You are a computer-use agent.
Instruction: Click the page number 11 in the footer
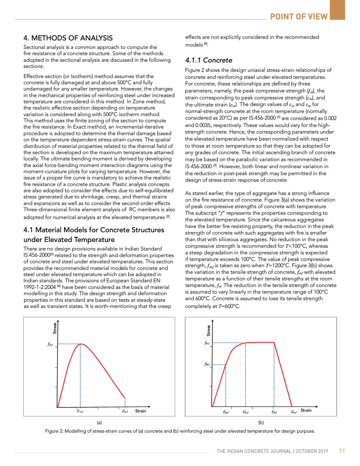(342, 451)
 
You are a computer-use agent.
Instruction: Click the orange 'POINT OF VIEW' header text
(299, 16)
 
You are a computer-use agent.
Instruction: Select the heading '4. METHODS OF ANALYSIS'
(68, 38)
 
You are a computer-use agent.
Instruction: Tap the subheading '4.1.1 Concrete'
(209, 60)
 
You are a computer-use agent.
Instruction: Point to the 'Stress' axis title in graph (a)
(55, 328)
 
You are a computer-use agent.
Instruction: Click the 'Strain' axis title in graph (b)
(306, 410)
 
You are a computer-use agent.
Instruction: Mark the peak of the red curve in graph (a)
(81, 344)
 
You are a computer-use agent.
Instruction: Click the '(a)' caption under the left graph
(99, 422)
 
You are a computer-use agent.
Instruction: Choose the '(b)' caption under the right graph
(261, 422)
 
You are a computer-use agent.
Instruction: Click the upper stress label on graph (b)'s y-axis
(207, 343)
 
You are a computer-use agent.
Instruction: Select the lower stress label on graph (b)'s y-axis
(207, 364)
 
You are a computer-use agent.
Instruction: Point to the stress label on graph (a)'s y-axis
(47, 344)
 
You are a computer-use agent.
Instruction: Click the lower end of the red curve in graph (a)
(125, 398)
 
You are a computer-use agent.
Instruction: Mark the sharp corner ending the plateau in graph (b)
(274, 342)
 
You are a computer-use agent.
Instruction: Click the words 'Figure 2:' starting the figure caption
(54, 431)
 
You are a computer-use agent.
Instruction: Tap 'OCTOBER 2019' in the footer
(312, 451)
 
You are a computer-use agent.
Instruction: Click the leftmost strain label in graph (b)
(226, 412)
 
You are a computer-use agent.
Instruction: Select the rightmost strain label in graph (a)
(125, 411)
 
